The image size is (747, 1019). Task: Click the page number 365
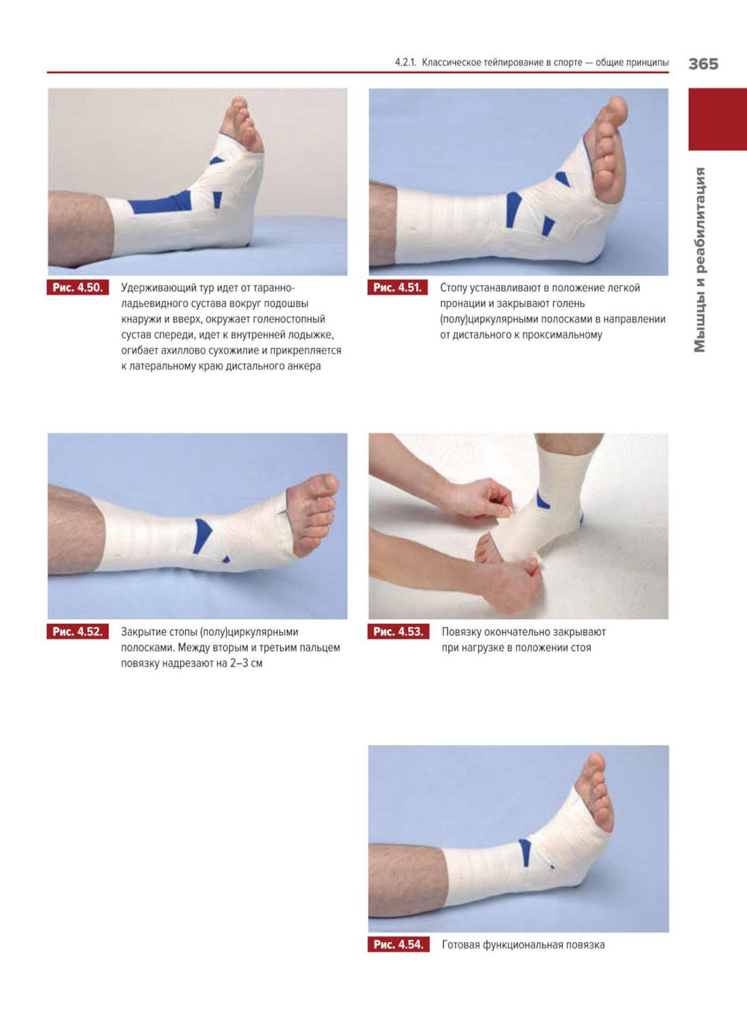tap(703, 64)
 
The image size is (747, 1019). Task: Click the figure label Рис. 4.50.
tap(78, 288)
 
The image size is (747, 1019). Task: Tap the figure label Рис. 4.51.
tap(397, 288)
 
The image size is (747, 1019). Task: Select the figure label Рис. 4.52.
tap(78, 632)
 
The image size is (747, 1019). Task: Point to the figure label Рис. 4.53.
tap(398, 632)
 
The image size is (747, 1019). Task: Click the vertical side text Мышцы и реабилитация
tap(700, 259)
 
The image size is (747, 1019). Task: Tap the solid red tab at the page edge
tap(717, 120)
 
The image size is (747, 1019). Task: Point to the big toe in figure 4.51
tap(613, 112)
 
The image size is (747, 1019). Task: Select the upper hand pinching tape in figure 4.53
tap(483, 498)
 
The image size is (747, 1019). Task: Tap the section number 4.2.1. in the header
tap(406, 62)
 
